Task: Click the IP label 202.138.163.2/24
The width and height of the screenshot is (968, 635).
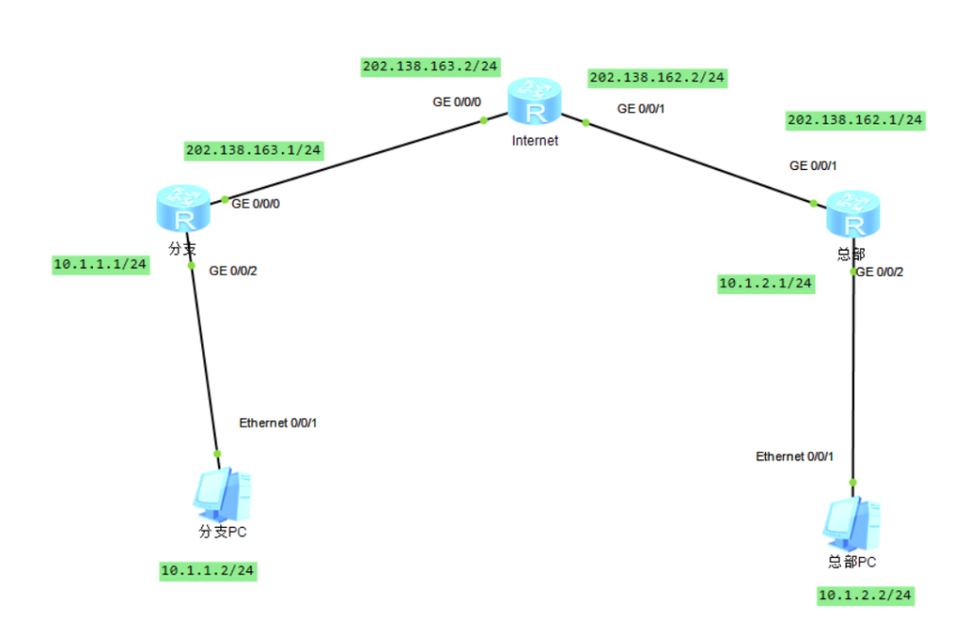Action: [431, 66]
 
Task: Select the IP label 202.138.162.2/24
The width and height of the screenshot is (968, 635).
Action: [657, 77]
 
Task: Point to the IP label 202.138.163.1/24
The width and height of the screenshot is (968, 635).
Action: [254, 150]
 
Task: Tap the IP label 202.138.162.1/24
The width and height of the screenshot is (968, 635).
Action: [855, 120]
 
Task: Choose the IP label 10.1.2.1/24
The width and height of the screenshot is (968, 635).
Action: [766, 283]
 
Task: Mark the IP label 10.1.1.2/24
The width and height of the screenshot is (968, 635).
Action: [208, 570]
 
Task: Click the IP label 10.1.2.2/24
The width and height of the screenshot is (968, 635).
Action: [866, 595]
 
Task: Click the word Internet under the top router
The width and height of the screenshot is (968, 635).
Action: [534, 140]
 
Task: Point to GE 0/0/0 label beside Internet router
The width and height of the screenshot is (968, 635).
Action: [456, 103]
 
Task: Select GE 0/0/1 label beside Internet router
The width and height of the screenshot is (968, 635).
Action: [642, 109]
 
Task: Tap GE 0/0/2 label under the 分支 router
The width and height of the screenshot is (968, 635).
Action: [233, 271]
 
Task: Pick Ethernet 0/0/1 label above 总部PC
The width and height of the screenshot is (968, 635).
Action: [794, 457]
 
